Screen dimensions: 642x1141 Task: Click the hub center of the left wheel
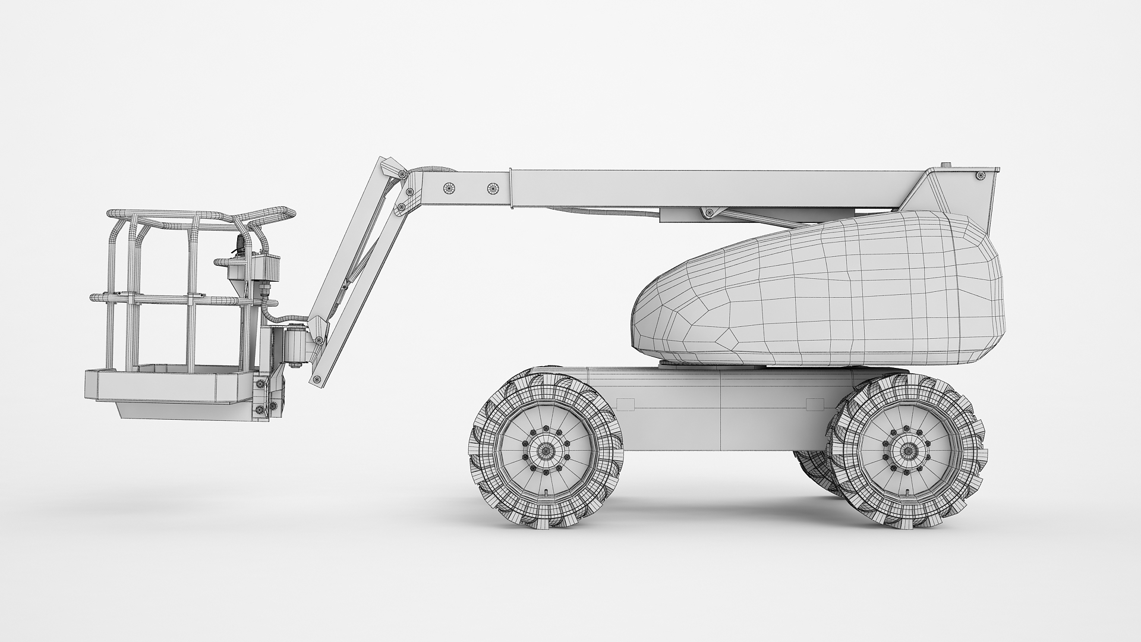point(546,451)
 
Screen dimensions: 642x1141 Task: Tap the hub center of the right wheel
point(907,451)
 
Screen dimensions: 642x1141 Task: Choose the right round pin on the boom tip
point(492,188)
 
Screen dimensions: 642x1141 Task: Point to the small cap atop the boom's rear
point(946,165)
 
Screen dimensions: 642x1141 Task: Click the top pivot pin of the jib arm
point(403,174)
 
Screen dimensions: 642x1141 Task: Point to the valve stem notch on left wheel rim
point(546,492)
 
